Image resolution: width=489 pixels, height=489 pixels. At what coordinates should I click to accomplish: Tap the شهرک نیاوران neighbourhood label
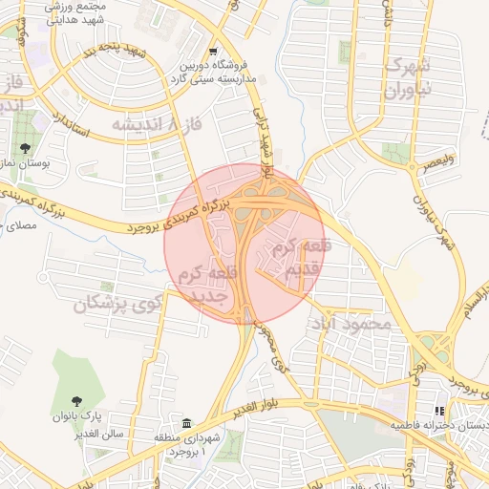[410, 78]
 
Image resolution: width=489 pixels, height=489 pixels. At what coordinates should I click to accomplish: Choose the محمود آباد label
[351, 325]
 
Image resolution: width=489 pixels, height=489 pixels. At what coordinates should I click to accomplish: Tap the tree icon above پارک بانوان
[77, 400]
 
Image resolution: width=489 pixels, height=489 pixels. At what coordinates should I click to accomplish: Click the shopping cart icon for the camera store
[213, 53]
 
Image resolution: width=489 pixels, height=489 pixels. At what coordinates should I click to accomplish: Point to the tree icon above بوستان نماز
[25, 148]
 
